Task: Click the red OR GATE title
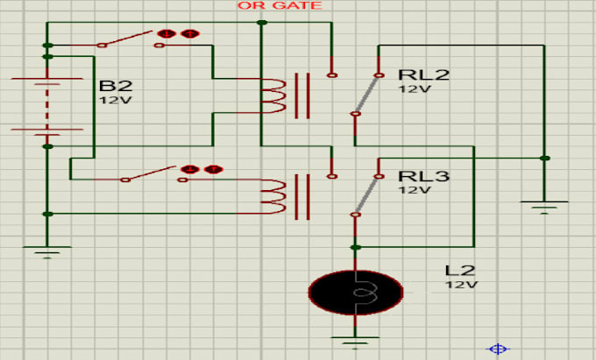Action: coord(280,6)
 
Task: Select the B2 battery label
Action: coord(116,86)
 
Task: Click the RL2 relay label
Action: coord(423,74)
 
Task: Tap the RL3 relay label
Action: coord(423,176)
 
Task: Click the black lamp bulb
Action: coord(355,291)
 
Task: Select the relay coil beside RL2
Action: coord(274,95)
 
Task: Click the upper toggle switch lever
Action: coord(131,39)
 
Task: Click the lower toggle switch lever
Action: coord(153,174)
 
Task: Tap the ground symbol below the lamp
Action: coord(355,337)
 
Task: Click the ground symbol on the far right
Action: coord(544,207)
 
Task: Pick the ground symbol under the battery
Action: coord(48,252)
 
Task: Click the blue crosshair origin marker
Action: coord(499,349)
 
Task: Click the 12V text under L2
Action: coord(461,285)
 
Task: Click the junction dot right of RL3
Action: coord(544,159)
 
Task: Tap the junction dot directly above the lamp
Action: coord(355,247)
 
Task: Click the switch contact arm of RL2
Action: coord(366,94)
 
